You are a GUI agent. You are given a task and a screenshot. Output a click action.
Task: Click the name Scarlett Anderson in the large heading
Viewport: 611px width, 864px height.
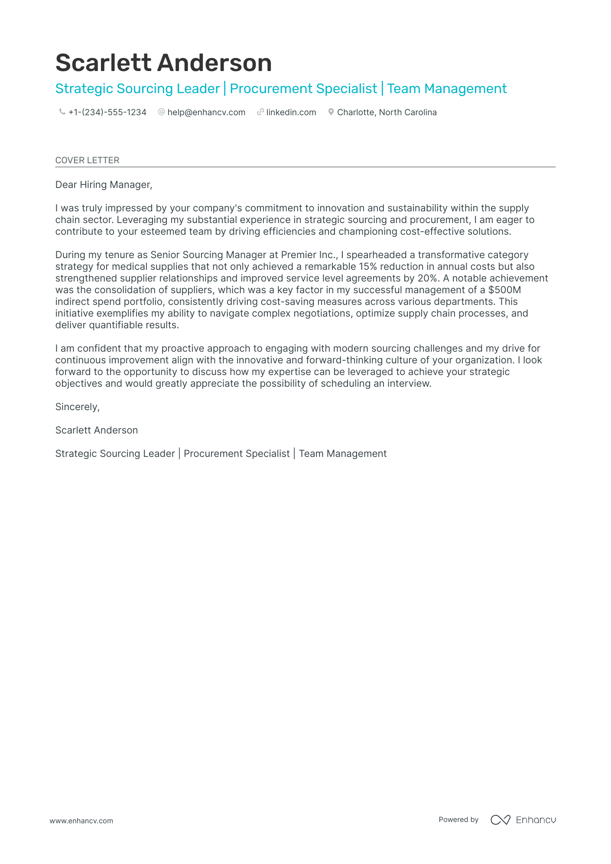pyautogui.click(x=163, y=63)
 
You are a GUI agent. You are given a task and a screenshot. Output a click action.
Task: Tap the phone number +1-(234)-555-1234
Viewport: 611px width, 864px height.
pyautogui.click(x=107, y=112)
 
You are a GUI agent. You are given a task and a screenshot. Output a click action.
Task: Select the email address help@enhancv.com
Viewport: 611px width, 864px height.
pyautogui.click(x=206, y=112)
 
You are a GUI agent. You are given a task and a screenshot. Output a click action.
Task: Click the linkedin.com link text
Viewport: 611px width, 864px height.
pyautogui.click(x=291, y=112)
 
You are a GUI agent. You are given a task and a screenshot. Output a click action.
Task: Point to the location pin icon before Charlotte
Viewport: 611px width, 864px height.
pyautogui.click(x=331, y=112)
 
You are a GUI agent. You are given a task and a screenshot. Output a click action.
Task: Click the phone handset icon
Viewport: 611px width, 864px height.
pyautogui.click(x=62, y=112)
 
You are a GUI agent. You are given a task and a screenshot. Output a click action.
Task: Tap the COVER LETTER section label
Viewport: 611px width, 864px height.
pyautogui.click(x=87, y=160)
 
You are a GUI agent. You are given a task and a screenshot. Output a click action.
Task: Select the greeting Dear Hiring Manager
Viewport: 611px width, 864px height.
pyautogui.click(x=104, y=185)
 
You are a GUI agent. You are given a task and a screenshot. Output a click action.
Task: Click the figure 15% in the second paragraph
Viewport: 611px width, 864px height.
pyautogui.click(x=367, y=267)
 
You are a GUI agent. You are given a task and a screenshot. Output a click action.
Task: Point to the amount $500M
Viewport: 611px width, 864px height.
pyautogui.click(x=504, y=290)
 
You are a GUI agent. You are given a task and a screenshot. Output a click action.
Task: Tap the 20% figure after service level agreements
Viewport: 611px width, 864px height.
pyautogui.click(x=427, y=278)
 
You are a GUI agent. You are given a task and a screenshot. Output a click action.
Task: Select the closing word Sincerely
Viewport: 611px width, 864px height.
pyautogui.click(x=77, y=407)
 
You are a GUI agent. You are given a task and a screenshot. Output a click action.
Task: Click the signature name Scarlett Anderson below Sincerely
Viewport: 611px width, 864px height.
pyautogui.click(x=96, y=430)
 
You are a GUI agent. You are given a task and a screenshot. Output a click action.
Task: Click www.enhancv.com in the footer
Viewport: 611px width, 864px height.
pyautogui.click(x=81, y=821)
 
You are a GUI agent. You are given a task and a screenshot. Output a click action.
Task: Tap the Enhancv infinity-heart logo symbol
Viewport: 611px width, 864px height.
pyautogui.click(x=500, y=820)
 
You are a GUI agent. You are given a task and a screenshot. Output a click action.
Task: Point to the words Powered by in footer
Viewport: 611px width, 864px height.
pyautogui.click(x=458, y=820)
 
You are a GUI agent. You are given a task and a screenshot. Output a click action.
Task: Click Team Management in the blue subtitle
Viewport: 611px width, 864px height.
pyautogui.click(x=446, y=89)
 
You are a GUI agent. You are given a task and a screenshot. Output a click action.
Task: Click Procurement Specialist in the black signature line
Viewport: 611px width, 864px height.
pyautogui.click(x=237, y=454)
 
